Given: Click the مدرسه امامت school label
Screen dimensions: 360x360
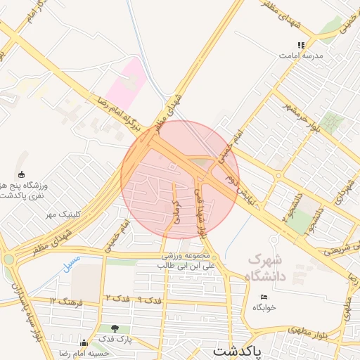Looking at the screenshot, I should pos(304,55).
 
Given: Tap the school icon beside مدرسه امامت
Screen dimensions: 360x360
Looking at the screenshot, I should pos(301,45).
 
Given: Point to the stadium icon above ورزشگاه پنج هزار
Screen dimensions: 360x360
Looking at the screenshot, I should pos(21,174).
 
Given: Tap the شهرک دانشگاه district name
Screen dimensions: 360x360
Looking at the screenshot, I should pos(268,266).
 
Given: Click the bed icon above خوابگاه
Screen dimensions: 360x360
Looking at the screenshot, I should pos(264,297).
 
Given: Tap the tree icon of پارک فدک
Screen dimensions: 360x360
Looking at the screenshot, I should pos(115,328).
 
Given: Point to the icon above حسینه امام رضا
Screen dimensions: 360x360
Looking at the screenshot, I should pos(84,343).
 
